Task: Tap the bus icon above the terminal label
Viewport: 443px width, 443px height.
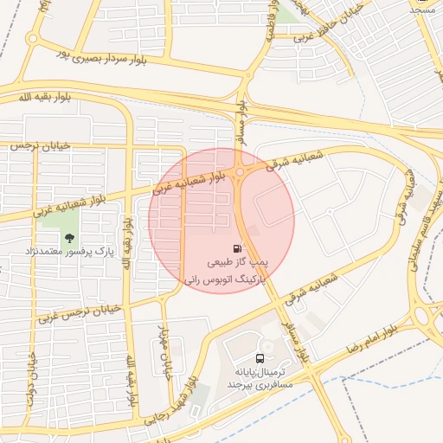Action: (x=260, y=358)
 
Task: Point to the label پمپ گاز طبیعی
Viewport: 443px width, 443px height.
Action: (x=238, y=260)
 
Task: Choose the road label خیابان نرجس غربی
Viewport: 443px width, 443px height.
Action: (x=76, y=309)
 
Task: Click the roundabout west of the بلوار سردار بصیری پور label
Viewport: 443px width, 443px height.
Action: (x=33, y=39)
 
